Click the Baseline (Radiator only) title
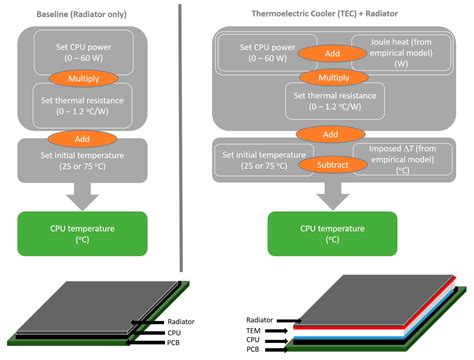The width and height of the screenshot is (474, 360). pos(86,11)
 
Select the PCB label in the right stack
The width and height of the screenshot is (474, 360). pos(253,349)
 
